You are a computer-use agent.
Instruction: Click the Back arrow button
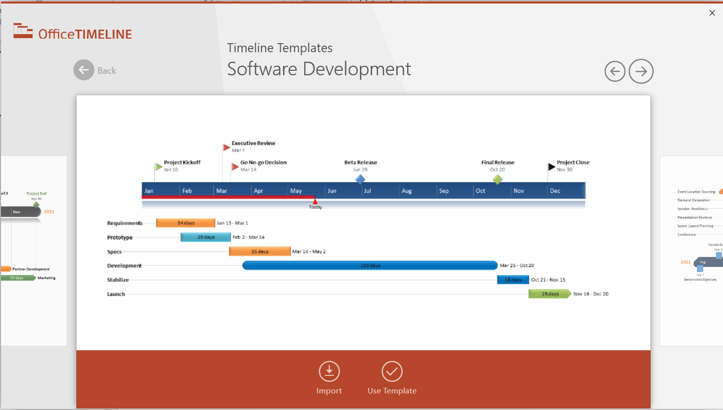[x=84, y=70]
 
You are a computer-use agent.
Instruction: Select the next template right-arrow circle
[x=641, y=71]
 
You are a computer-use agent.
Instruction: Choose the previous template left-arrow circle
[x=615, y=71]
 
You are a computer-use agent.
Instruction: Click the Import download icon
[x=329, y=372]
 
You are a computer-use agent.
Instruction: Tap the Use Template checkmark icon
[x=392, y=372]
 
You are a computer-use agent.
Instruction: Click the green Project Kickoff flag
[x=159, y=167]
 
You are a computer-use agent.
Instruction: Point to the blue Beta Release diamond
[x=360, y=179]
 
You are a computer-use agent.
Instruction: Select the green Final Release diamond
[x=497, y=179]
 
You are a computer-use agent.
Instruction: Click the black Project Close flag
[x=552, y=167]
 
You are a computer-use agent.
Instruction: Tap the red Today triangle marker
[x=315, y=201]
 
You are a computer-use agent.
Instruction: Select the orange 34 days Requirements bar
[x=185, y=223]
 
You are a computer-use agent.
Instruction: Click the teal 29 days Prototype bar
[x=206, y=237]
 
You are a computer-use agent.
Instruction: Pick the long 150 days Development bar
[x=370, y=265]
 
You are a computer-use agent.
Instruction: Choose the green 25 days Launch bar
[x=550, y=294]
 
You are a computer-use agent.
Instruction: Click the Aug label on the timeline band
[x=407, y=191]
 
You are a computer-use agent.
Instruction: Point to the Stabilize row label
[x=118, y=280]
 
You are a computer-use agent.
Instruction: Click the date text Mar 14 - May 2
[x=309, y=251]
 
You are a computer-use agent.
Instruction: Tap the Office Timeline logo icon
[x=23, y=31]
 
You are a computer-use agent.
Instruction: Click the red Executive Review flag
[x=226, y=147]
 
